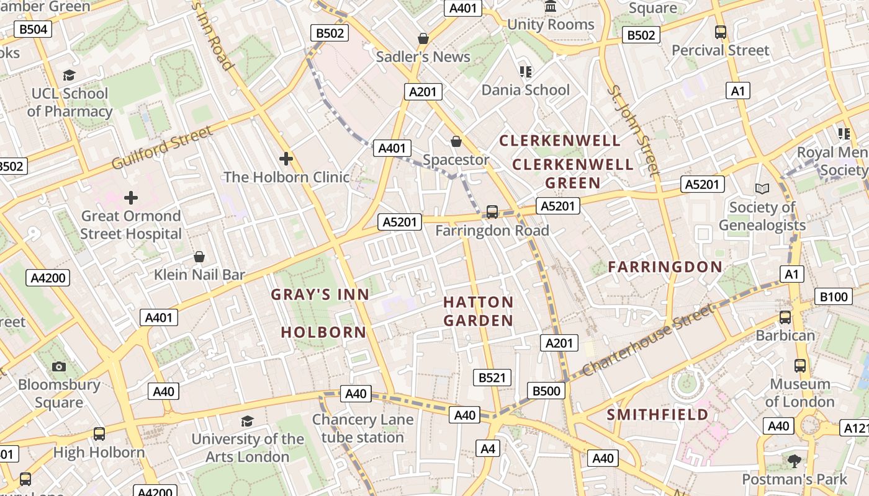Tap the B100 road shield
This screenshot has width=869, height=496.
[x=834, y=297]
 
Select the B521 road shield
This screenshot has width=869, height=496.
[x=492, y=378]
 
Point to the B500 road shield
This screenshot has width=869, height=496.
[x=546, y=391]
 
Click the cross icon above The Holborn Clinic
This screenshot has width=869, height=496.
[x=286, y=159]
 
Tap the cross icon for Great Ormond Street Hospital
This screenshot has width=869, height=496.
[x=130, y=198]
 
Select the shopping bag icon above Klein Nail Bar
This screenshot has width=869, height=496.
[x=199, y=256]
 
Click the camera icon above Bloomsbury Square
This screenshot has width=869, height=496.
[x=59, y=366]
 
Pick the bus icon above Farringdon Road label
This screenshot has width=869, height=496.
[x=492, y=212]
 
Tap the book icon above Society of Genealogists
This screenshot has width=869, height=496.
[x=762, y=188]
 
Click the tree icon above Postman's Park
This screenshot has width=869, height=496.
[x=794, y=461]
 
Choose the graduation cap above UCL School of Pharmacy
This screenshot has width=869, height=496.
[x=69, y=75]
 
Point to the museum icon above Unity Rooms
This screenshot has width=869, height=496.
[x=550, y=7]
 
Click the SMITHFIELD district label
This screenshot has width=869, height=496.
[x=657, y=414]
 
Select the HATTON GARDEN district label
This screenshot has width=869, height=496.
[x=478, y=311]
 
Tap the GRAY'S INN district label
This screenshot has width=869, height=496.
[x=320, y=294]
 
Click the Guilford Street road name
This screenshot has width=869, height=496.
[x=163, y=148]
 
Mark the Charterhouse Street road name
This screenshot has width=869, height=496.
[x=647, y=340]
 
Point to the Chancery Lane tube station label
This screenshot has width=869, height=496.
[x=362, y=428]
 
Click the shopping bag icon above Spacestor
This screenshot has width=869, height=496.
[x=456, y=141]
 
